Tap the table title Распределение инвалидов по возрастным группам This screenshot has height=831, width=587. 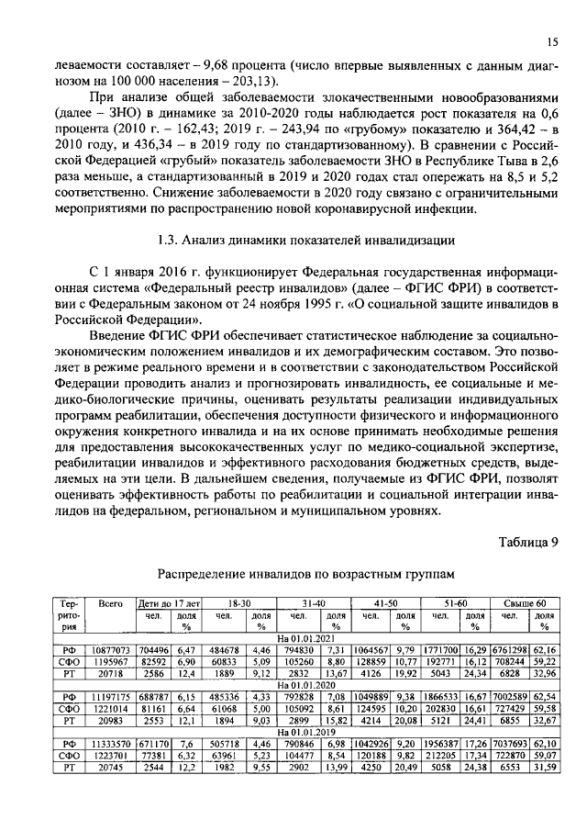305,573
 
